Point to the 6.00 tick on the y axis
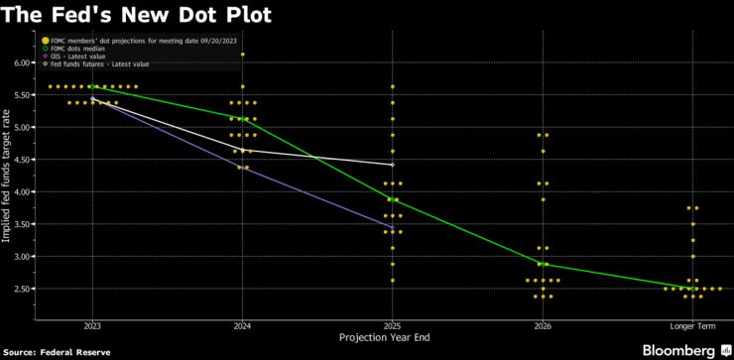point(22,62)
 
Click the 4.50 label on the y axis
point(22,160)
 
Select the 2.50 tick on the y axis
point(22,289)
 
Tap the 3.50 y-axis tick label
point(22,224)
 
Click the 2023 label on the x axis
point(92,325)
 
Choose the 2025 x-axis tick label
point(392,325)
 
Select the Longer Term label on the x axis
point(692,325)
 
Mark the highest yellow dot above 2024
point(242,55)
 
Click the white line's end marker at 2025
point(392,165)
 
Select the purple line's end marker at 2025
point(392,228)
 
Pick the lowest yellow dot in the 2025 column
point(392,280)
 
